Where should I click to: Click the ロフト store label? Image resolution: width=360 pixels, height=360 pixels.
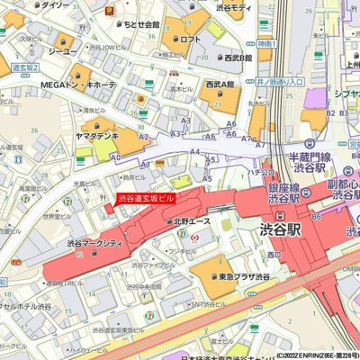[x=189, y=40]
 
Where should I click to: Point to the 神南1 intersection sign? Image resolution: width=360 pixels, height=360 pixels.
[x=264, y=41]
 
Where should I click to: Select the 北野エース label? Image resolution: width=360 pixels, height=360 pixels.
[x=191, y=220]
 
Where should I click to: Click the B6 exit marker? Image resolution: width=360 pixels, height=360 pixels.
[x=316, y=217]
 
